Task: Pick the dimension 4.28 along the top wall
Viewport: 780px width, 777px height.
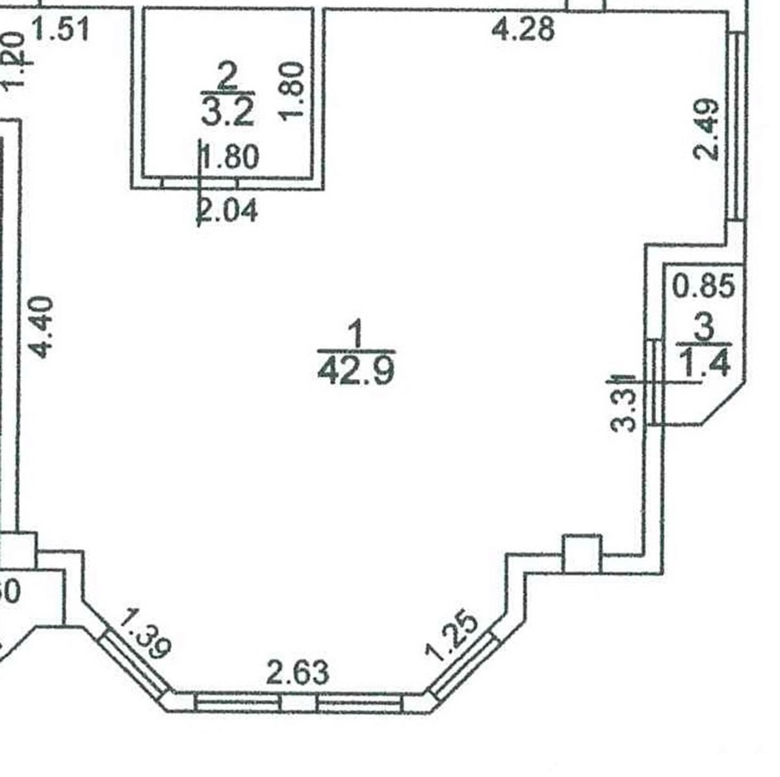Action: [524, 30]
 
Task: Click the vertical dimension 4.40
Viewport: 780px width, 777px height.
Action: [40, 326]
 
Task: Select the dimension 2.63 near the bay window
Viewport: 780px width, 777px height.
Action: [298, 672]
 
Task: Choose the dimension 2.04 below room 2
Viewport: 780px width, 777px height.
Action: [227, 211]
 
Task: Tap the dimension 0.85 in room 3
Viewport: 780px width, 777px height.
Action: [705, 286]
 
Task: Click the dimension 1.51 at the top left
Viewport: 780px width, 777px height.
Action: [60, 30]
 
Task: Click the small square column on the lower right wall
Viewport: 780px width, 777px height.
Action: [582, 554]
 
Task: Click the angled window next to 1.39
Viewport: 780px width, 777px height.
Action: [135, 665]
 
